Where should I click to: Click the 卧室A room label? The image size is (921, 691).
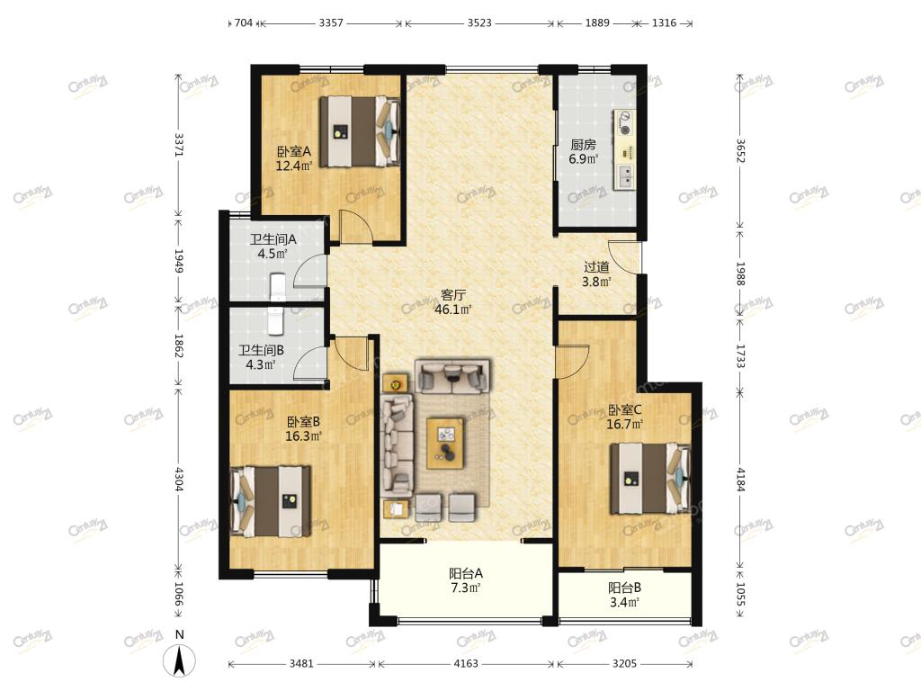point(294,151)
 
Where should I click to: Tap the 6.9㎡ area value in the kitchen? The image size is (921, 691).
point(583,158)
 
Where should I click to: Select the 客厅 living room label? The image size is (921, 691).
point(453,295)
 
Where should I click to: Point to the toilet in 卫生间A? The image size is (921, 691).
point(277,287)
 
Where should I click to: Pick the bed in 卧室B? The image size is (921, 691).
point(271,501)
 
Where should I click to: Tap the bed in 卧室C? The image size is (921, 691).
point(650,479)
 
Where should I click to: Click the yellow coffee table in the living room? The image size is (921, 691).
point(446,443)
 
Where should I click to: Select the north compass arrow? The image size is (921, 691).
point(180,660)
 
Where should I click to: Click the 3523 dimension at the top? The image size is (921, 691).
point(480,22)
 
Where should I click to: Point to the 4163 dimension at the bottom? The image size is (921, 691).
point(466,664)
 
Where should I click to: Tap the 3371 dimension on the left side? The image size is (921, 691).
point(179,145)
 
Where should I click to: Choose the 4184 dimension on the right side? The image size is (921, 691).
point(741,479)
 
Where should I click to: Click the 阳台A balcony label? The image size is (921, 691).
point(466,573)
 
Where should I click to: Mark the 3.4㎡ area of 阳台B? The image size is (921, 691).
point(624,602)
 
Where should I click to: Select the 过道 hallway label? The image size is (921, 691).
point(596,267)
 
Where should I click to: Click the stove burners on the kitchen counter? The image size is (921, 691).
point(626,122)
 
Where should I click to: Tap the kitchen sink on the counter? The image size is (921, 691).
point(626,175)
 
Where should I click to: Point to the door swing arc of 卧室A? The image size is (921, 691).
point(357,226)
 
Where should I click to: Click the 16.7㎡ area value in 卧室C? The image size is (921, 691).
point(624,425)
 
